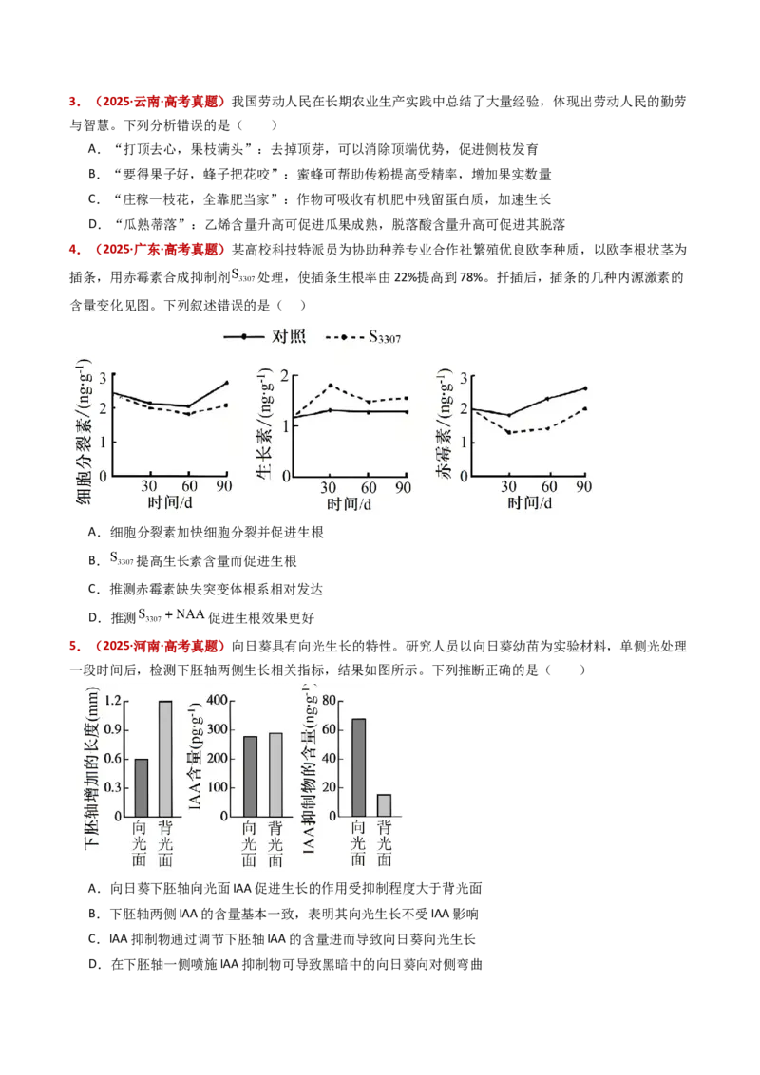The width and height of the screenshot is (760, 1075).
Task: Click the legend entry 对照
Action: pos(288,337)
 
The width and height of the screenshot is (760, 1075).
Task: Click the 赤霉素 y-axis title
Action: pos(444,419)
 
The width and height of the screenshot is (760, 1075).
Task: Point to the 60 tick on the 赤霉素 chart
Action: pos(548,486)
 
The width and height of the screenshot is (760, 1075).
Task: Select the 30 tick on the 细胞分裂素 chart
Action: pos(149,486)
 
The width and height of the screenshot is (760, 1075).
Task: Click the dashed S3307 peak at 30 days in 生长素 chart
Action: pos(329,386)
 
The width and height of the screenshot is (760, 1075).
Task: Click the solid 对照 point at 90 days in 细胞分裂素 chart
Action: pos(226,383)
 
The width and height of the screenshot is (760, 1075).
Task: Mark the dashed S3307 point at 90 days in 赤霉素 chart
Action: pos(584,408)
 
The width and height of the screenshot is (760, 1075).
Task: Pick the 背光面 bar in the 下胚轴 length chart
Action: pos(165,758)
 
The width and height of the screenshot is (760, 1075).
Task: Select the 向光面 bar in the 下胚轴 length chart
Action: pos(142,787)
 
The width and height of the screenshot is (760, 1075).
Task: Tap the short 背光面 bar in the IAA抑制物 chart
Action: pos(384,805)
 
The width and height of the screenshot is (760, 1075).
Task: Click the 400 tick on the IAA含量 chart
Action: pos(215,701)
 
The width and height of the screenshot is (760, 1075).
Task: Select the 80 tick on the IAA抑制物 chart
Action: pos(332,701)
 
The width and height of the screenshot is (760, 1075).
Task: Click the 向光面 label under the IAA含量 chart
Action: pos(250,843)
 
